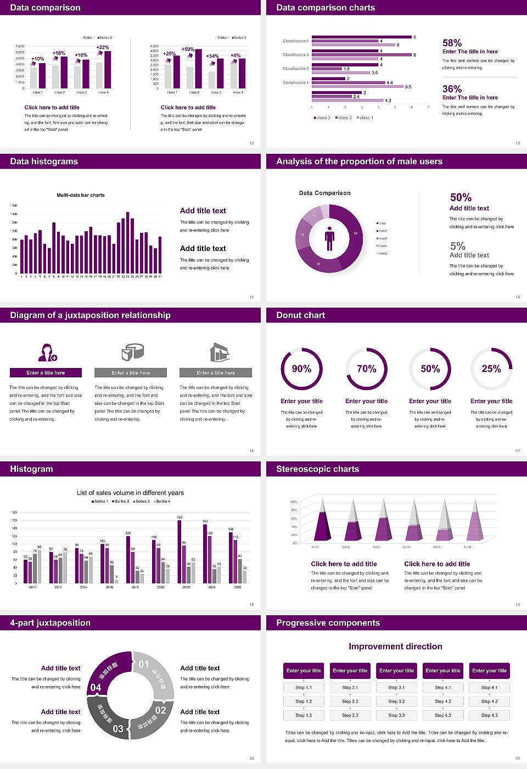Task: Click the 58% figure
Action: tap(452, 43)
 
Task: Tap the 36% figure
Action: tap(452, 89)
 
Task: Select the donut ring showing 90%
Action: tap(301, 369)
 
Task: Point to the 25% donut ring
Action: tap(491, 369)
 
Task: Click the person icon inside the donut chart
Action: tap(329, 238)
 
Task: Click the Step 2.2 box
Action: tap(350, 701)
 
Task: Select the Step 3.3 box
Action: tap(396, 715)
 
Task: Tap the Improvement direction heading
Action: tap(395, 647)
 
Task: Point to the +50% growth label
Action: tap(188, 49)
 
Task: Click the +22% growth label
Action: tap(103, 47)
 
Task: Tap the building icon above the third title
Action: tap(219, 353)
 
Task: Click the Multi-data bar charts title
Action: tap(81, 195)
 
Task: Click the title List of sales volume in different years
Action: tap(130, 493)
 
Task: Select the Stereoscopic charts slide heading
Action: tap(317, 469)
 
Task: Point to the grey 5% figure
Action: tap(457, 246)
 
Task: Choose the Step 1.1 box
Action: tap(304, 688)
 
